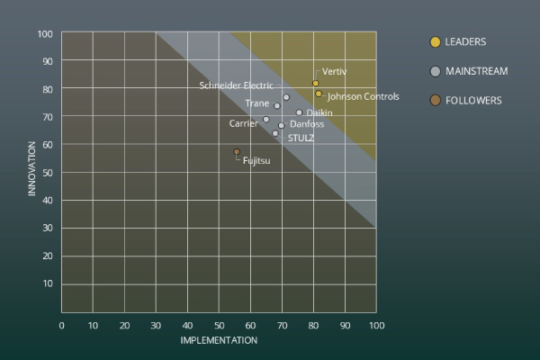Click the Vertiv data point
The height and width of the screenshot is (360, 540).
(315, 84)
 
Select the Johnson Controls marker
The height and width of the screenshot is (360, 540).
(319, 94)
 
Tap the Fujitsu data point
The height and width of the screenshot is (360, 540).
(237, 152)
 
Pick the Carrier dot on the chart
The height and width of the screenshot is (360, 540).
(265, 120)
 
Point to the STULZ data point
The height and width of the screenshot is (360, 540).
(275, 133)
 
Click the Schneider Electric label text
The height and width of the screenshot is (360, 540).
(237, 85)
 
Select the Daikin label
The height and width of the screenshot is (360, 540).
(319, 112)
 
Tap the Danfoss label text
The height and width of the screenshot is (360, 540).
(307, 124)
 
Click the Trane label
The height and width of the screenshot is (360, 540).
(256, 103)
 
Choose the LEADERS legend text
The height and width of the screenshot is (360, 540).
(465, 41)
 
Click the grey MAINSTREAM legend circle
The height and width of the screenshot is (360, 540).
(436, 71)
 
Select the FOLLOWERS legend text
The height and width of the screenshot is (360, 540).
(473, 100)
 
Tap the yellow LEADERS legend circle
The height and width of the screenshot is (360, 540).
(436, 41)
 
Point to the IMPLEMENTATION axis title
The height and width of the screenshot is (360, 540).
(219, 340)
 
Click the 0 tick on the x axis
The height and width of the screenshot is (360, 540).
(61, 324)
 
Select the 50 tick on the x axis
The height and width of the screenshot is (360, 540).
(219, 324)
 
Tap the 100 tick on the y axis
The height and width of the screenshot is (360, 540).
(44, 34)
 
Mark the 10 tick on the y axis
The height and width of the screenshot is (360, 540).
(47, 283)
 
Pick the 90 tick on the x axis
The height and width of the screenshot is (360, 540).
(345, 324)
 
